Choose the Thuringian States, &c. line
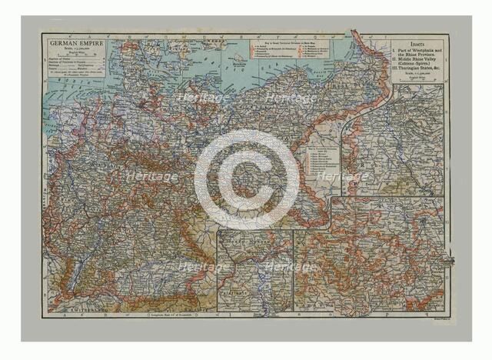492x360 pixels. (x=423, y=72)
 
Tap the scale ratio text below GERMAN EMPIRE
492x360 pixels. (x=74, y=42)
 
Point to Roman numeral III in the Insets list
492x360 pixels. (x=396, y=72)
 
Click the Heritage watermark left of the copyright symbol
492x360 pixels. (x=154, y=177)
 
